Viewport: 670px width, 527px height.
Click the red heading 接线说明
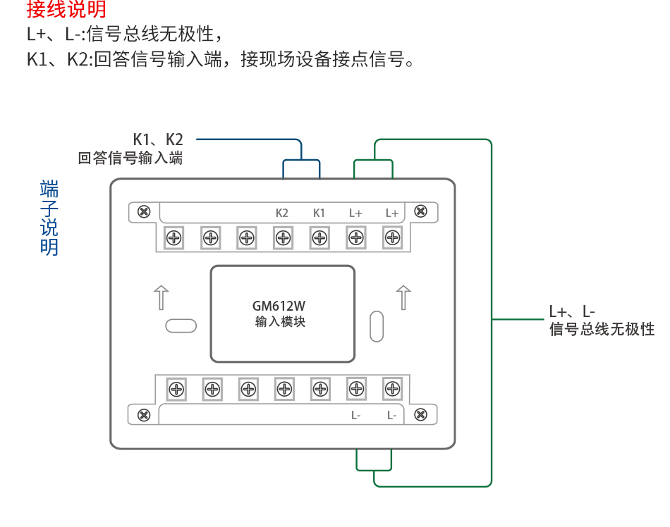coord(66,10)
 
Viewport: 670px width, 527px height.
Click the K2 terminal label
coord(282,213)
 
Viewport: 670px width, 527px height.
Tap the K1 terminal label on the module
coord(319,213)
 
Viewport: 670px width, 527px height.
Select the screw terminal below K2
coord(283,238)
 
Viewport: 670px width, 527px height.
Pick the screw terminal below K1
coord(319,238)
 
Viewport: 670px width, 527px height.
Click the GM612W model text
coord(280,306)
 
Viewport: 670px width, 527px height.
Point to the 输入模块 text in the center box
coord(280,323)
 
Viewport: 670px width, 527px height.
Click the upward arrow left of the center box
coord(162,297)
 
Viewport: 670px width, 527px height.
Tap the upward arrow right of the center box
coord(403,297)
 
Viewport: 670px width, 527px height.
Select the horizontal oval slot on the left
coord(181,325)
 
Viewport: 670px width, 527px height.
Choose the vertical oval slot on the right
coord(376,325)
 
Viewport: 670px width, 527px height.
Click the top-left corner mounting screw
coord(144,211)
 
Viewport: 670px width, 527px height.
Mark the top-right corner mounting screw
coord(420,211)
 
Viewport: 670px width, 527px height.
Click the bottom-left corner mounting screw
coord(144,415)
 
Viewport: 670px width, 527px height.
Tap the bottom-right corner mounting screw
coord(420,415)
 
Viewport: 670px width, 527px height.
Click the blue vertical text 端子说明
coord(49,218)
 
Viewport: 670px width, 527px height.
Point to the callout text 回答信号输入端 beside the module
coord(130,159)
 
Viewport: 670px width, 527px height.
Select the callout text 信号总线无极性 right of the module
coord(602,329)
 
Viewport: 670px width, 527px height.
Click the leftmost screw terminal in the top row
coord(173,238)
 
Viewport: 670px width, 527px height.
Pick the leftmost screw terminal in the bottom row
coord(176,388)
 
